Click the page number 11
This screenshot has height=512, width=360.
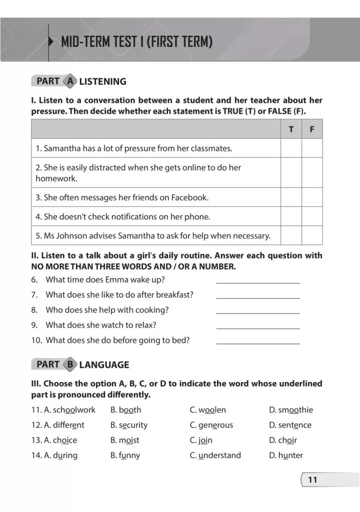312,480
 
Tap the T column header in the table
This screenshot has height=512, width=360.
291,129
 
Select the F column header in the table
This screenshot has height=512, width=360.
312,129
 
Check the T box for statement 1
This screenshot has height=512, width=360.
291,148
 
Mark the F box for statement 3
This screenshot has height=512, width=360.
312,197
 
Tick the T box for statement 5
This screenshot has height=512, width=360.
291,235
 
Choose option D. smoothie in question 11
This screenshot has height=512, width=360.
291,410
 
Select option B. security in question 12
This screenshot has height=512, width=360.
129,425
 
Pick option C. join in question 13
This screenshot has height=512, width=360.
201,440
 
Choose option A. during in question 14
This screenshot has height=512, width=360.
54,455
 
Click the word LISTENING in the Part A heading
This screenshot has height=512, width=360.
102,81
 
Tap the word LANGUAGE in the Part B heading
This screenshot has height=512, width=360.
104,365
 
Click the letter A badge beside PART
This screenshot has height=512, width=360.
70,81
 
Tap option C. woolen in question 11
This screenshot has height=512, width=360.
208,410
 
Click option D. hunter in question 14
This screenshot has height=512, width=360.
286,455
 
